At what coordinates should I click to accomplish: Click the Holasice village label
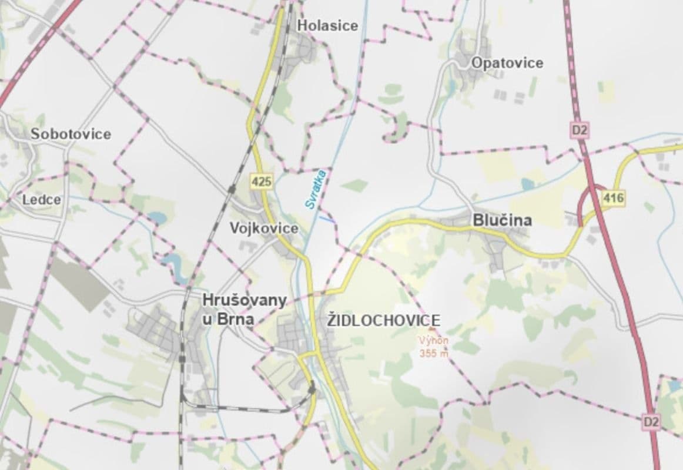coord(327,25)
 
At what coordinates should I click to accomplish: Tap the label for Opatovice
coord(507,63)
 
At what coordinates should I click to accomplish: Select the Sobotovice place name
coord(71,134)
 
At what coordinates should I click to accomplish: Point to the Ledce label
coord(41,200)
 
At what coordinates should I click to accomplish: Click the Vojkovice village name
coord(264,228)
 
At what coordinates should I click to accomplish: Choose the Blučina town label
coord(502,220)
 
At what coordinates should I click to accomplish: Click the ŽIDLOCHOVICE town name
coord(384,320)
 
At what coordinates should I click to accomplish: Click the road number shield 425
coord(261,182)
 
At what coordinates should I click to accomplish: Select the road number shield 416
coord(613,199)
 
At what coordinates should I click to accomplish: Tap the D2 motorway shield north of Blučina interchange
coord(579,130)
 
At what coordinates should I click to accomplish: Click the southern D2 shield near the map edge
coord(651,421)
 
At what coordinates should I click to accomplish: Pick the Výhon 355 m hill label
coord(433,347)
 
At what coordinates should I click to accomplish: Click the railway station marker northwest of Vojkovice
coord(232,189)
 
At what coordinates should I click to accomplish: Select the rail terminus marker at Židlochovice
coord(312,388)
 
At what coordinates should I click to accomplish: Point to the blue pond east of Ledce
coord(157,219)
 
